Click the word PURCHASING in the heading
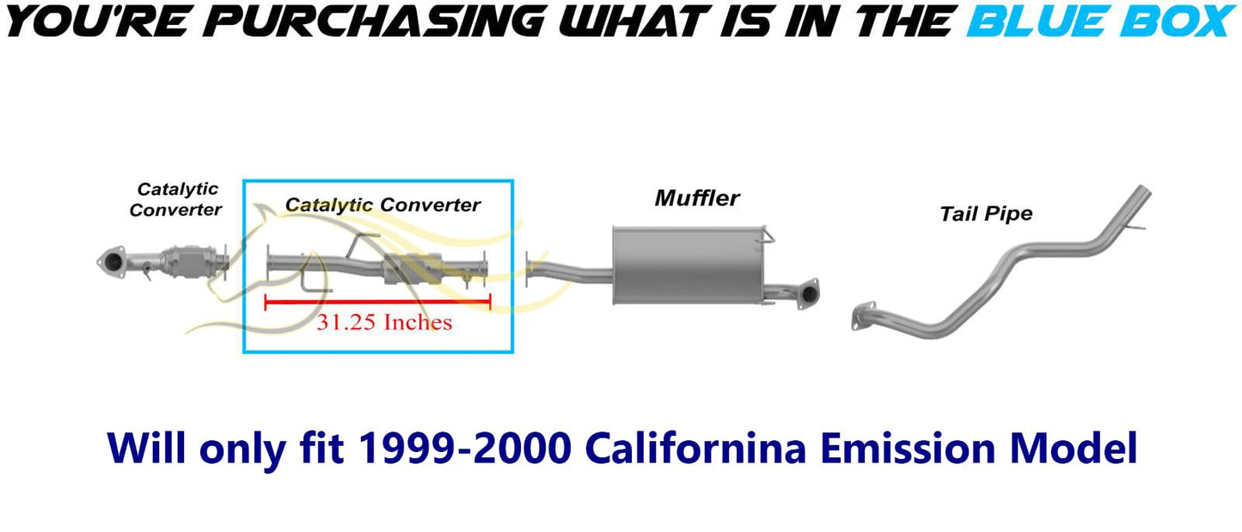378,21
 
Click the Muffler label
697,198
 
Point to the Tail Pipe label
987,214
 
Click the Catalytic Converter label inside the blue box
382,205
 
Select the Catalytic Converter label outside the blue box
175,199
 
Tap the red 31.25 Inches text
384,322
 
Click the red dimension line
377,302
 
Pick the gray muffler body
688,265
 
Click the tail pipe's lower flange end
863,315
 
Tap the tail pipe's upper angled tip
1141,193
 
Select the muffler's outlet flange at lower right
808,293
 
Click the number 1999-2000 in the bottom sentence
465,448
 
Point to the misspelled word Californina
695,448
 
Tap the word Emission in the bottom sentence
907,448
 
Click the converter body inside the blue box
412,269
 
